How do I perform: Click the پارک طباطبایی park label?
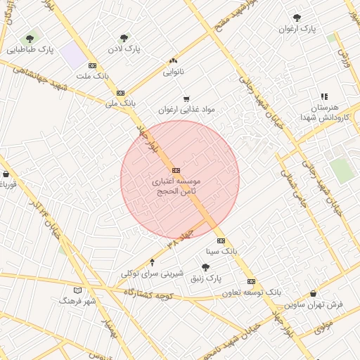pyautogui.click(x=31, y=50)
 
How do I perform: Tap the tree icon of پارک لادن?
pyautogui.click(x=124, y=38)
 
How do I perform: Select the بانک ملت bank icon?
pyautogui.click(x=92, y=65)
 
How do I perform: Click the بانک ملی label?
pyautogui.click(x=120, y=103)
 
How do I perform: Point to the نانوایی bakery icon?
pyautogui.click(x=173, y=60)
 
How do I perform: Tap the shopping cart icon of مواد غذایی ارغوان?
pyautogui.click(x=186, y=99)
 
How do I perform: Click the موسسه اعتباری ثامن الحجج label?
pyautogui.click(x=175, y=185)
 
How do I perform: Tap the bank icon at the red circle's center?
pyautogui.click(x=175, y=170)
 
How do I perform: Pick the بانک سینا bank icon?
pyautogui.click(x=221, y=240)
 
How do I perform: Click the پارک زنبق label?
pyautogui.click(x=206, y=278)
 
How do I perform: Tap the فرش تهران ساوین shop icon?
pyautogui.click(x=313, y=293)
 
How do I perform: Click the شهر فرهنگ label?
pyautogui.click(x=77, y=301)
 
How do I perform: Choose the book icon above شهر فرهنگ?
pyautogui.click(x=77, y=290)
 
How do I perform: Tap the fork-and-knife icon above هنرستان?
pyautogui.click(x=324, y=96)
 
